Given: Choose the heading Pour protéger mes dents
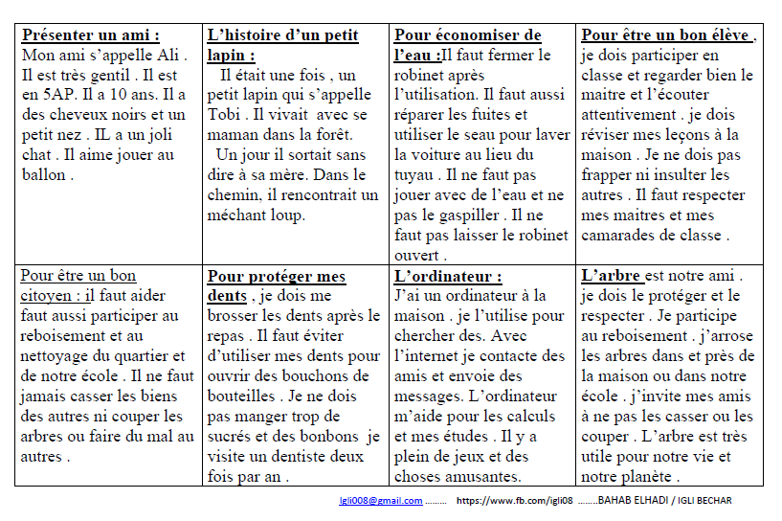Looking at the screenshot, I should tap(277, 285).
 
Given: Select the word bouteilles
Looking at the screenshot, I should tap(244, 396).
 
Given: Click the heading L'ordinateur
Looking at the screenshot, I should tap(447, 277).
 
